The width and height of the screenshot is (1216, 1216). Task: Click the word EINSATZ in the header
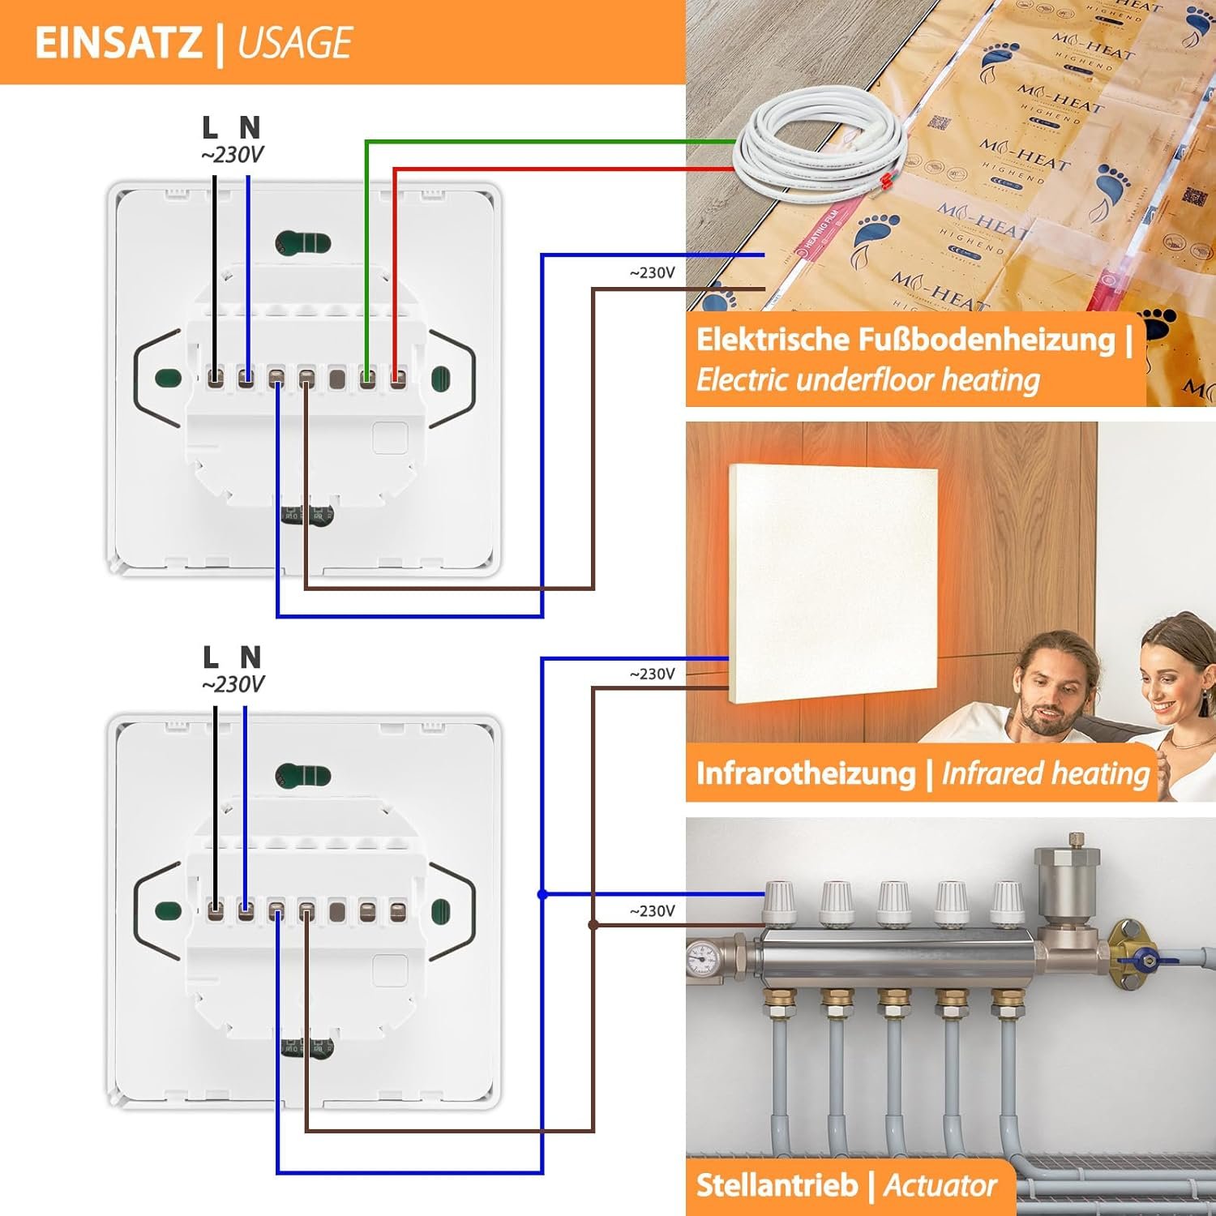click(118, 43)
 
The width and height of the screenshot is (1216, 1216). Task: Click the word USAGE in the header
click(294, 43)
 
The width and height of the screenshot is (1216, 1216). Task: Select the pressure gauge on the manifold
click(702, 961)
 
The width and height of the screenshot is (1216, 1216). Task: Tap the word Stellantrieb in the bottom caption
click(776, 1185)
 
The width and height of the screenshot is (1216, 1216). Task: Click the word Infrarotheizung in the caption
click(805, 773)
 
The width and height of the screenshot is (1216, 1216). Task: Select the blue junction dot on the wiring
click(542, 894)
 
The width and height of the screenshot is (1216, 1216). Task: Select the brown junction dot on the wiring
click(593, 924)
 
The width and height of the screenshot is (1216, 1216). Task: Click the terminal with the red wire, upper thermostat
click(397, 378)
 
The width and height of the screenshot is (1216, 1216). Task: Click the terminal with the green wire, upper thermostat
click(367, 378)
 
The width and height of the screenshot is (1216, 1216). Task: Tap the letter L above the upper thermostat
click(210, 127)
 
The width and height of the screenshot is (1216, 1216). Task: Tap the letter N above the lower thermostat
click(250, 657)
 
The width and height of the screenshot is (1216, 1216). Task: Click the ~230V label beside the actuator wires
click(652, 911)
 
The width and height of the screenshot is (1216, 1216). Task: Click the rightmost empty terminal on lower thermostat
click(397, 911)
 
